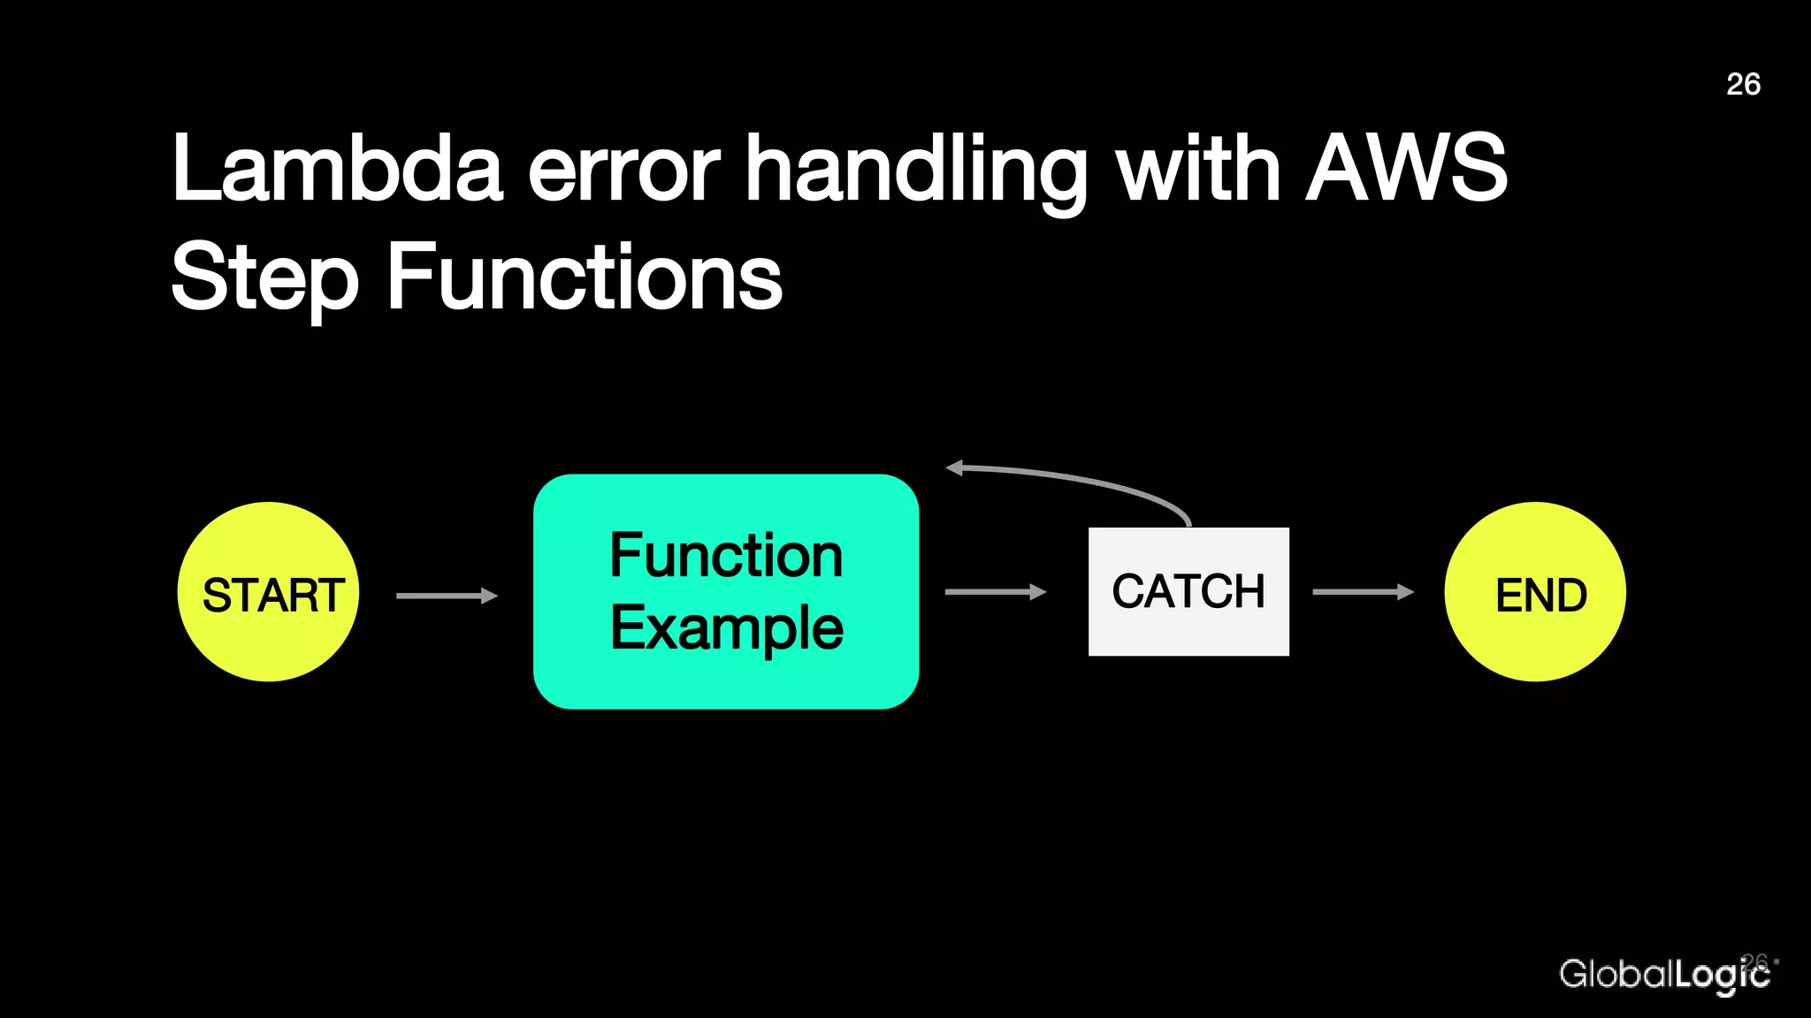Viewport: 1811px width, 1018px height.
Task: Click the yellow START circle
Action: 268,591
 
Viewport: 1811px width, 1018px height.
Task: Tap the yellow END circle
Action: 1534,591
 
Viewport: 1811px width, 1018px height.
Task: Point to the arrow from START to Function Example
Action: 447,596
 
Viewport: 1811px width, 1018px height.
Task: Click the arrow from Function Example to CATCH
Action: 995,591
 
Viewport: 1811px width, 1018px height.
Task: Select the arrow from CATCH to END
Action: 1363,591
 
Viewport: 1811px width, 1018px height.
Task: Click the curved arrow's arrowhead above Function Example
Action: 955,467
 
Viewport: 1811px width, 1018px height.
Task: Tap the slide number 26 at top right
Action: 1743,84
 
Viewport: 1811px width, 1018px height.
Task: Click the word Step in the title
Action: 264,278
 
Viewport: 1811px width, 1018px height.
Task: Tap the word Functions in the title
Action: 585,278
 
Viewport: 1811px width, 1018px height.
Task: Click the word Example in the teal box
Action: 726,628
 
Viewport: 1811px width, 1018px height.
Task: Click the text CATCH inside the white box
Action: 1188,591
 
